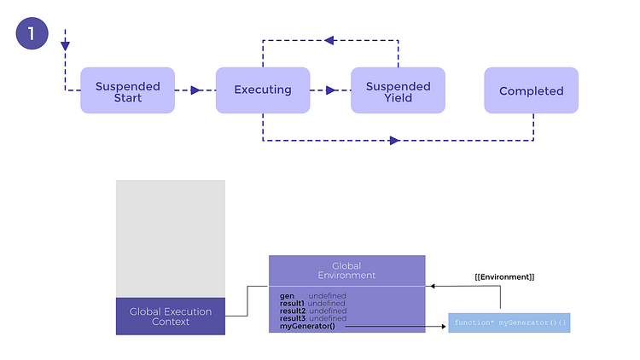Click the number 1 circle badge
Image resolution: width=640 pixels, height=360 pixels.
point(32,34)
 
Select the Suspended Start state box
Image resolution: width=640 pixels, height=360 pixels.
point(127,90)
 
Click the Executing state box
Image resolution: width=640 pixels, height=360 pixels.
point(262,90)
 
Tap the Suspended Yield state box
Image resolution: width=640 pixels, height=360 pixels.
point(398,90)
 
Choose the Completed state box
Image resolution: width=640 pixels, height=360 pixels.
point(531,90)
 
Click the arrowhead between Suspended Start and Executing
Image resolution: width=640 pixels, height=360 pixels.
point(195,90)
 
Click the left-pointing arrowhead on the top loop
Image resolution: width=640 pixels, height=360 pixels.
point(329,40)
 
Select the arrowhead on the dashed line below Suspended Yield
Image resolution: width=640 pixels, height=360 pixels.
point(394,140)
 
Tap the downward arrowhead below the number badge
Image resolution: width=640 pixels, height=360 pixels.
point(65,45)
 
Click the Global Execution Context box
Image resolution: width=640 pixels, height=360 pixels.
point(171,316)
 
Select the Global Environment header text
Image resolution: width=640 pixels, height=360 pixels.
point(346,270)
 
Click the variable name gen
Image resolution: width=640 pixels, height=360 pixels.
point(287,295)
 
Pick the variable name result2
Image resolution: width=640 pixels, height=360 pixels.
point(293,311)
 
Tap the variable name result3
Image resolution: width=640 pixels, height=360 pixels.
point(293,318)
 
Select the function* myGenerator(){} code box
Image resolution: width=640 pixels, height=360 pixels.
point(509,323)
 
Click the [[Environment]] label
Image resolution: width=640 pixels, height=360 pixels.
point(504,277)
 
